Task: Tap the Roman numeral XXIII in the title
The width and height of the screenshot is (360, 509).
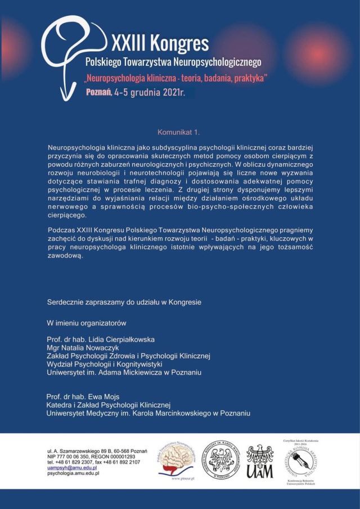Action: pyautogui.click(x=128, y=43)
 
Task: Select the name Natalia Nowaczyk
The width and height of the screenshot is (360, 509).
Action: pyautogui.click(x=99, y=348)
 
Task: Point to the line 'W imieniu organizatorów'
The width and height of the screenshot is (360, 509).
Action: pyautogui.click(x=86, y=323)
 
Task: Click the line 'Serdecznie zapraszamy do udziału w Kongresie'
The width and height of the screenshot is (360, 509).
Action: pyautogui.click(x=124, y=302)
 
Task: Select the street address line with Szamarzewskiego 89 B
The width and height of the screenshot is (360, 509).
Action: pyautogui.click(x=97, y=451)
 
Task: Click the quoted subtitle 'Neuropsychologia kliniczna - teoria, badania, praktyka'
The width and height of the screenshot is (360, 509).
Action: pyautogui.click(x=175, y=77)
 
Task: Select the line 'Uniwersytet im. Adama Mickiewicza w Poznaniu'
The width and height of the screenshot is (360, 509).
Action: pyautogui.click(x=124, y=372)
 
